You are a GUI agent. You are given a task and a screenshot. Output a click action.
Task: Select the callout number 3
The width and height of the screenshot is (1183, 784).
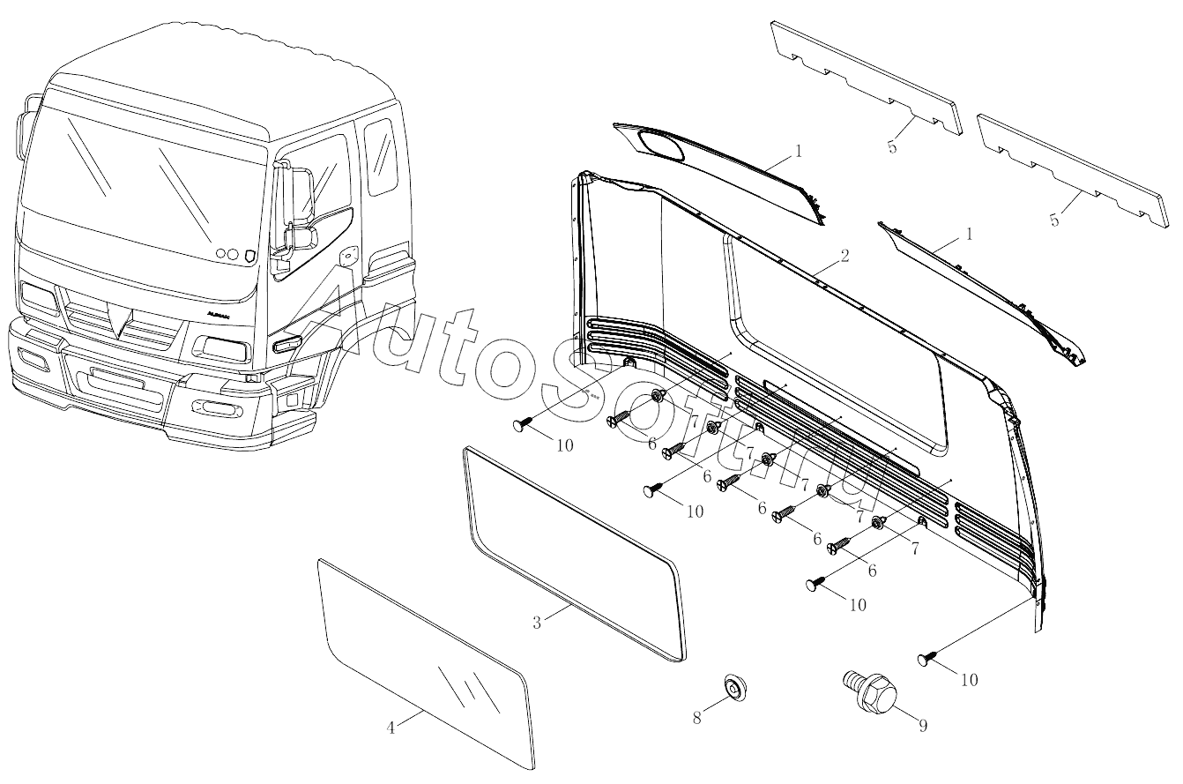pyautogui.click(x=537, y=623)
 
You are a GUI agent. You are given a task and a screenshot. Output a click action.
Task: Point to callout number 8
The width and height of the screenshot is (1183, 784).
pyautogui.click(x=697, y=718)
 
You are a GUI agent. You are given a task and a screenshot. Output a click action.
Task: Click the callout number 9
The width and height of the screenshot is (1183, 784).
pyautogui.click(x=923, y=726)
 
